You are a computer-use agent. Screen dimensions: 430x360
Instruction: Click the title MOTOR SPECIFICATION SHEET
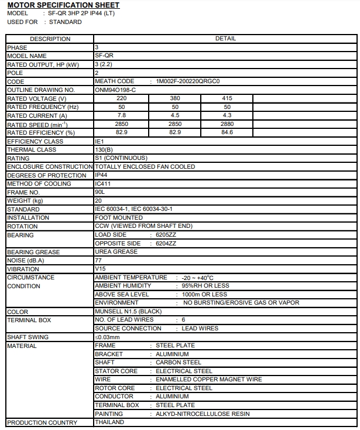(x=63, y=5)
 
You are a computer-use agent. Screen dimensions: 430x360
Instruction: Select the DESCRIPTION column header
(x=50, y=39)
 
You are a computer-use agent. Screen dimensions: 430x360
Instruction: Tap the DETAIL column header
(x=225, y=39)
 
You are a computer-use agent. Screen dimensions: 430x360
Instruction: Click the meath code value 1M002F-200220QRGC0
(x=188, y=81)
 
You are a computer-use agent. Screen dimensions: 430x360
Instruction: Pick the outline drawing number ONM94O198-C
(x=115, y=90)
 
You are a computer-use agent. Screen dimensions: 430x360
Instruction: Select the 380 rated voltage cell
(x=174, y=99)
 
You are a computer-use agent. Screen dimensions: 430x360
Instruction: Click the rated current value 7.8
(x=122, y=116)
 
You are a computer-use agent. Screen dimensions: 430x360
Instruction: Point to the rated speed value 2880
(x=227, y=124)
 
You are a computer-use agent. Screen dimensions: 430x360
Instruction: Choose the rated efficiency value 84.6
(x=227, y=133)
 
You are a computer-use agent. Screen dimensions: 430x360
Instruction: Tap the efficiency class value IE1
(x=99, y=141)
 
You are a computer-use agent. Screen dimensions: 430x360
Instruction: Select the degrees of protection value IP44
(x=101, y=175)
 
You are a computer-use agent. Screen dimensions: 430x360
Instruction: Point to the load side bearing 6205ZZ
(x=166, y=235)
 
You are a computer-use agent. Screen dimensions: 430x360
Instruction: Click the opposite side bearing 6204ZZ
(x=166, y=243)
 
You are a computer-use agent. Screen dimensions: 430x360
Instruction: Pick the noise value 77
(x=98, y=260)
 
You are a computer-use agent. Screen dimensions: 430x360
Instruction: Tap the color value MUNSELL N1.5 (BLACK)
(x=128, y=312)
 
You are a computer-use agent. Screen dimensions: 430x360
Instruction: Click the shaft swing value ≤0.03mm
(x=107, y=337)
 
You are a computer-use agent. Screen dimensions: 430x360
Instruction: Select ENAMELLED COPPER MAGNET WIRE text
(x=208, y=380)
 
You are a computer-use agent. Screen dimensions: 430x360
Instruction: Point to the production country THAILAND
(x=109, y=422)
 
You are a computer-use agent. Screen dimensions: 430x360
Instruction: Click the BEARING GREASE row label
(x=33, y=252)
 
